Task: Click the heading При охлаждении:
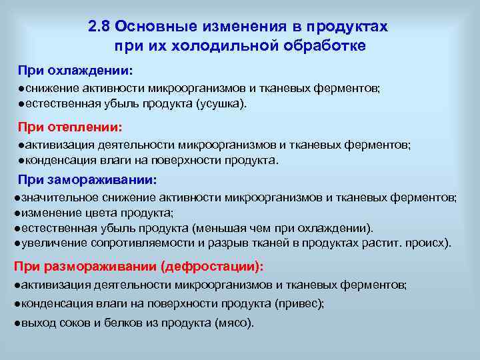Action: point(75,71)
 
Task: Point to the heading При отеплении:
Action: point(70,126)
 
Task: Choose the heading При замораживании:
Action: point(87,179)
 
